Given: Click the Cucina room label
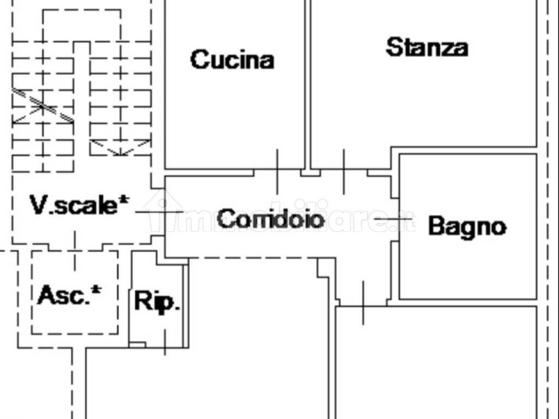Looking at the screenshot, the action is [232, 59].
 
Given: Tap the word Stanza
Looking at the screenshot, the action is [427, 47].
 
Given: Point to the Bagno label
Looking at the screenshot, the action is [467, 226].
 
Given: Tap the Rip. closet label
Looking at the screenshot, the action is [157, 301].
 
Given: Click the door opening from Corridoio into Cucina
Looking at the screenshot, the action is [277, 172].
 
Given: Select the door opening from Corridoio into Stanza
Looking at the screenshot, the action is [344, 172].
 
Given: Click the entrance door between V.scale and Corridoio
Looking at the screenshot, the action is [159, 212].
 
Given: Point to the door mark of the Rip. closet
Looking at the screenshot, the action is [165, 343].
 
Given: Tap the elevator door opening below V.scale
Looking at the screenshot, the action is [75, 250].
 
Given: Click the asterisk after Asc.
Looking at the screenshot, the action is [96, 290].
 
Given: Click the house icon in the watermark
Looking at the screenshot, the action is [163, 211].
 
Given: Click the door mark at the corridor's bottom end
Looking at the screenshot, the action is [363, 303].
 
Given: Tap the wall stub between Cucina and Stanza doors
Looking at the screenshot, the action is [311, 173].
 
